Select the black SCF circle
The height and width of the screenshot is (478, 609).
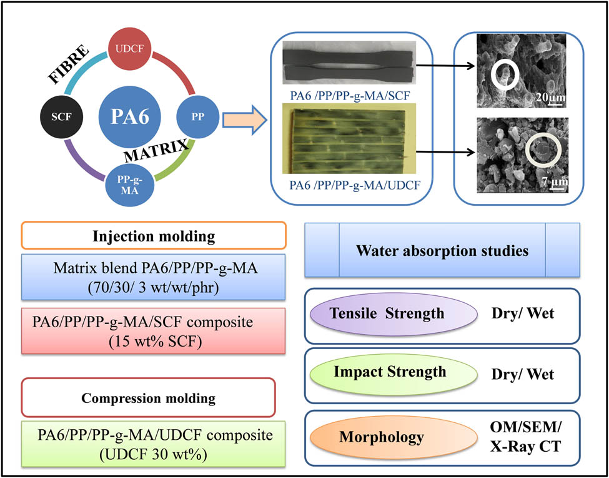pyautogui.click(x=61, y=117)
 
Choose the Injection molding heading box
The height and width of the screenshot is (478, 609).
pyautogui.click(x=154, y=236)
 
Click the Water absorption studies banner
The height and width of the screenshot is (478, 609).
pyautogui.click(x=442, y=250)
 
